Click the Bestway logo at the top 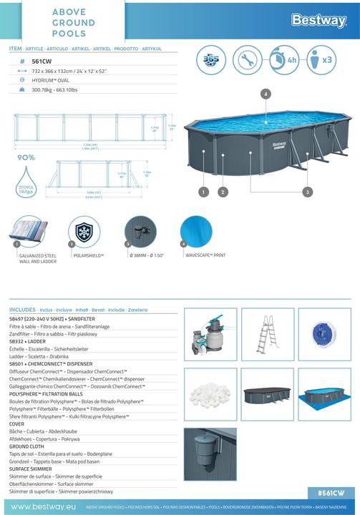[x=318, y=21]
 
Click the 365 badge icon [x=211, y=60]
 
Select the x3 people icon [x=319, y=60]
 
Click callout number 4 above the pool [x=266, y=94]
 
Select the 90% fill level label [x=27, y=157]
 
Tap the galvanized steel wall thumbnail [x=29, y=234]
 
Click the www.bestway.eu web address [x=41, y=506]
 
